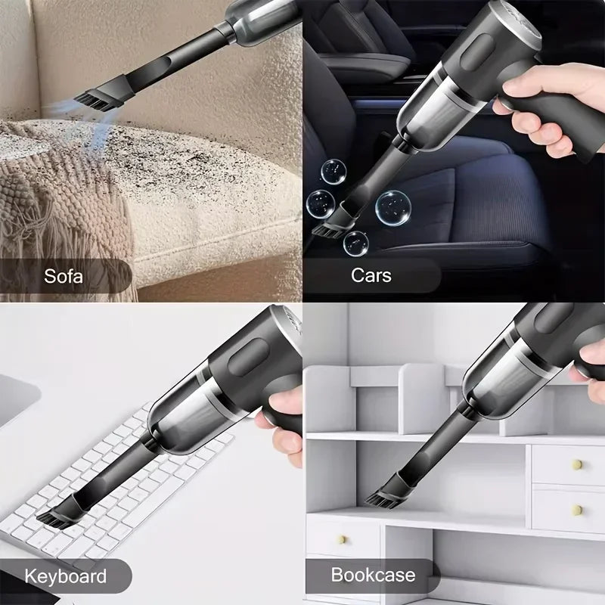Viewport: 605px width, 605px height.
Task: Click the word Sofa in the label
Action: (x=63, y=275)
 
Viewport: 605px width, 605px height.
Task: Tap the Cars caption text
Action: (x=371, y=275)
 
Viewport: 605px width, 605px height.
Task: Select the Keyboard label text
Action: (x=66, y=576)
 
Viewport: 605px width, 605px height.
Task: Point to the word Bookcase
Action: (x=373, y=575)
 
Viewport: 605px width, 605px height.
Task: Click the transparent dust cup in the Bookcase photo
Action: (x=503, y=378)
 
